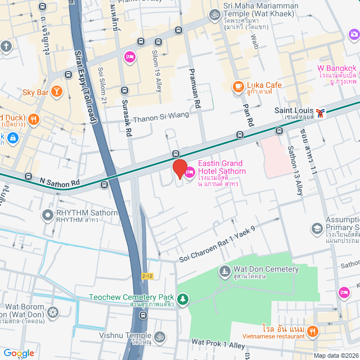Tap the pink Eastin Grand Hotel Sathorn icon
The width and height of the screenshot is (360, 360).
pos(190,172)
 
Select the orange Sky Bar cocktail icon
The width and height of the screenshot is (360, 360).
pos(56,91)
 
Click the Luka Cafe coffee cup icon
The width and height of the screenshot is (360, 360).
pos(238,86)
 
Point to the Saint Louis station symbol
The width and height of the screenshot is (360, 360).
pos(320,112)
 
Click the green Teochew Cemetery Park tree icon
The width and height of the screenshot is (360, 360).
pos(183,298)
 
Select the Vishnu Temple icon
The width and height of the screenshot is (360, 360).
pos(160,337)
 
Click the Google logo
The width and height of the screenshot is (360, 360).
pos(18,353)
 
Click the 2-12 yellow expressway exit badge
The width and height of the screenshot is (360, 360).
pos(147,276)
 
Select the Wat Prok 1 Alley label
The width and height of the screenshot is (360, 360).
pos(218,344)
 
